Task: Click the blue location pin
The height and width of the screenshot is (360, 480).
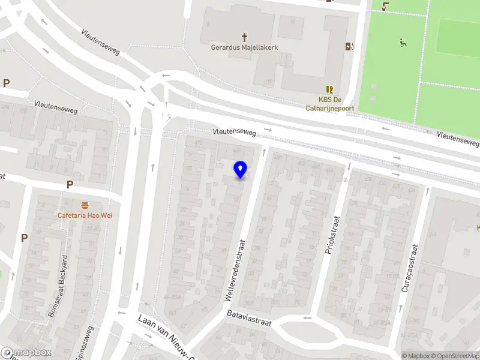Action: point(241,170)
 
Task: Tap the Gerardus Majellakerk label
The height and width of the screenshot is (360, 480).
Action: point(244,47)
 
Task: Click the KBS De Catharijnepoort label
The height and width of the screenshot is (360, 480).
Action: point(336,104)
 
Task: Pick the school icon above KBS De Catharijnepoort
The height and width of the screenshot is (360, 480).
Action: point(329,89)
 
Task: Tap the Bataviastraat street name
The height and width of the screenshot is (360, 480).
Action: point(249,318)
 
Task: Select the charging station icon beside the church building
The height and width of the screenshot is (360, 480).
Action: point(349,46)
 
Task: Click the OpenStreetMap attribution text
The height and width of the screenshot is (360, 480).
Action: point(458,356)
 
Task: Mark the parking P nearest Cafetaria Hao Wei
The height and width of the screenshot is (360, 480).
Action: point(70,184)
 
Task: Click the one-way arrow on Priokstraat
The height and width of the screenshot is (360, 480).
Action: point(347,166)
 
